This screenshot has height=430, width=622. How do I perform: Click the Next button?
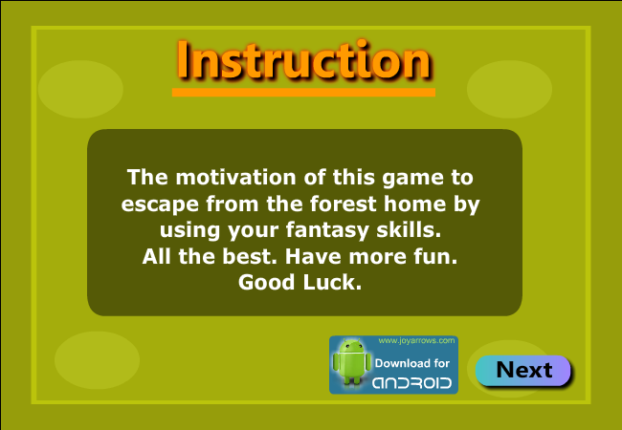point(522,370)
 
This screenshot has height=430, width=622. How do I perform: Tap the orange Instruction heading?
point(304,60)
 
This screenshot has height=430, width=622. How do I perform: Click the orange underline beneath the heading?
point(303,93)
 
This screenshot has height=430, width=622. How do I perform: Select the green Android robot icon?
point(352,361)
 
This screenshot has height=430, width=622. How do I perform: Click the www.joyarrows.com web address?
point(416,341)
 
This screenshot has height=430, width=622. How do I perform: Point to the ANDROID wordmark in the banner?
point(411,383)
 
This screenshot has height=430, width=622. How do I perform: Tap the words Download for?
point(412,363)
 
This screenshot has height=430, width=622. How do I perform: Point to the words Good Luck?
point(300,282)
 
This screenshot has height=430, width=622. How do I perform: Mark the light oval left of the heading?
point(80,89)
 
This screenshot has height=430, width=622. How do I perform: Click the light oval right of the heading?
point(509,89)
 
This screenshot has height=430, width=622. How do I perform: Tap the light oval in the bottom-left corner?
point(97,360)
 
